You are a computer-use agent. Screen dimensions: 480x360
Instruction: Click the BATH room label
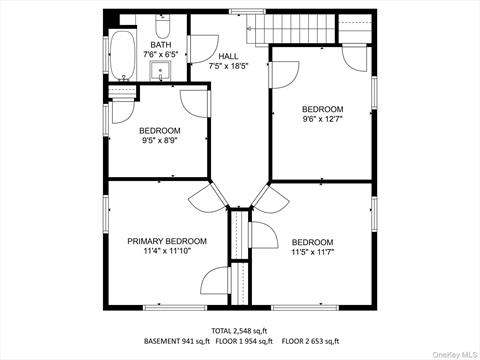click(x=161, y=45)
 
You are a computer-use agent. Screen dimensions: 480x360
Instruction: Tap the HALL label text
click(x=228, y=56)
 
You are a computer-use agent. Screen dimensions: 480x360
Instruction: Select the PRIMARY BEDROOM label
click(x=167, y=241)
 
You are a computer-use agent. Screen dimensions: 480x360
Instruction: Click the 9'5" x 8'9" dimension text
click(x=160, y=141)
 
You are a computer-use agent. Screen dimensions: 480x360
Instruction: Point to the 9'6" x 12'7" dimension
click(x=323, y=119)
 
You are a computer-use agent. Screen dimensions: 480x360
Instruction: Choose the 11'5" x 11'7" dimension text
click(x=313, y=252)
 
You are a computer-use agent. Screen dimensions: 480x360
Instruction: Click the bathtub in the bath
click(x=123, y=56)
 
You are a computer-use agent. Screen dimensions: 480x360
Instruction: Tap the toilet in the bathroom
click(x=163, y=26)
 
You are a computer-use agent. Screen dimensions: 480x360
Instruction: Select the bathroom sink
click(x=160, y=71)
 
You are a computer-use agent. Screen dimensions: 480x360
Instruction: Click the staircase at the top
click(x=291, y=29)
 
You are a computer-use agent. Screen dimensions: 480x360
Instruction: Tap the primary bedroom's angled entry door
click(x=204, y=198)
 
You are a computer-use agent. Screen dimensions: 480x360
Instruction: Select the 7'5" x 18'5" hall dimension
click(x=229, y=66)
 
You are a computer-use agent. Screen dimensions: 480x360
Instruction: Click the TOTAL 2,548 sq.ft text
click(x=239, y=331)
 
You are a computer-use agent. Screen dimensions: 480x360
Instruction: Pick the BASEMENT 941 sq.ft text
click(x=177, y=341)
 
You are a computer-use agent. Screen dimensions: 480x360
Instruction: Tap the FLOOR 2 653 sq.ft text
click(x=311, y=341)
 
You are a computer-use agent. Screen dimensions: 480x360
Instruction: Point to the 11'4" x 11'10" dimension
click(x=167, y=251)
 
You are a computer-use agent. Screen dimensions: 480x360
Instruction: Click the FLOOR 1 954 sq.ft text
click(x=244, y=341)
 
